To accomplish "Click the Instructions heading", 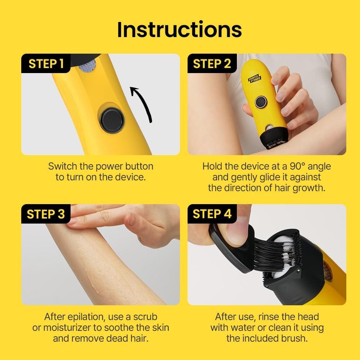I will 179,30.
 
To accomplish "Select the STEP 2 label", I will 212,64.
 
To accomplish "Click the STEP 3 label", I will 46,214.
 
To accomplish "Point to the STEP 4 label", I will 212,214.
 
